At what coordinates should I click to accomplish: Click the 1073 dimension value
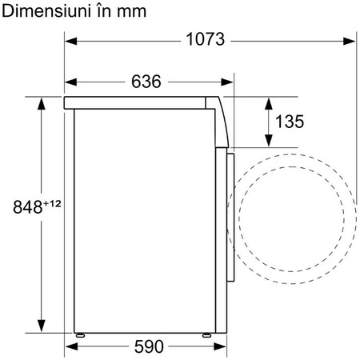click(206, 39)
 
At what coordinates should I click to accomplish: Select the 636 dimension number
click(146, 82)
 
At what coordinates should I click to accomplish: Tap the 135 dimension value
click(290, 122)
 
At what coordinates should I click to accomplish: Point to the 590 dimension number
click(149, 346)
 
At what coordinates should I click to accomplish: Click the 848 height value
click(28, 207)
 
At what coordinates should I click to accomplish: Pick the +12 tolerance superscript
click(52, 204)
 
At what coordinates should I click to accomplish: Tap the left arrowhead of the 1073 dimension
click(71, 42)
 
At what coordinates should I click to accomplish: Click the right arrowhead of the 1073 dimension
click(349, 42)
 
